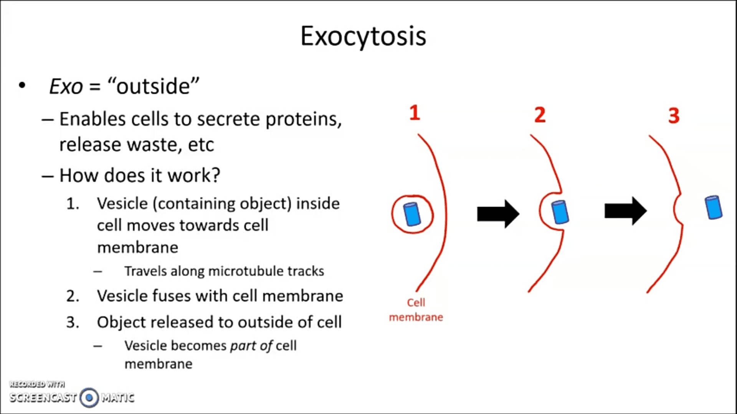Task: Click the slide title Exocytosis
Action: pos(363,36)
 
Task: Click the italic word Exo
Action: pos(66,86)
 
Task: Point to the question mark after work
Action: pos(216,176)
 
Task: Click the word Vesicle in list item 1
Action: pos(122,204)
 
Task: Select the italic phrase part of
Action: pos(251,346)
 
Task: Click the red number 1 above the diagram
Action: pos(415,113)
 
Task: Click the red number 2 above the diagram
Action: pos(540,115)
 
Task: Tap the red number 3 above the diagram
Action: pos(674,116)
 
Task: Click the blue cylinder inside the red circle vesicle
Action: pos(412,214)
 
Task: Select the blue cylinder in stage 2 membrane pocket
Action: pos(560,212)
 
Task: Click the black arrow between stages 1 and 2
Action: pos(498,214)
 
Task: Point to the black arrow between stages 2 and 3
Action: pos(625,211)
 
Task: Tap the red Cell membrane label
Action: pos(416,310)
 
